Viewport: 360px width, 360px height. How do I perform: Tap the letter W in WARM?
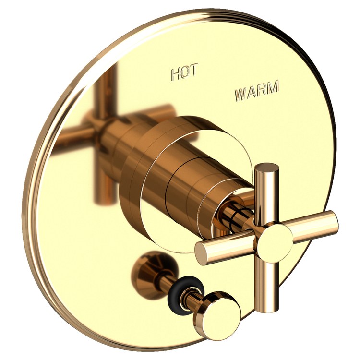coord(240,95)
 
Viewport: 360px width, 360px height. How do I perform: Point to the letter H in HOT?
coord(176,74)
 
